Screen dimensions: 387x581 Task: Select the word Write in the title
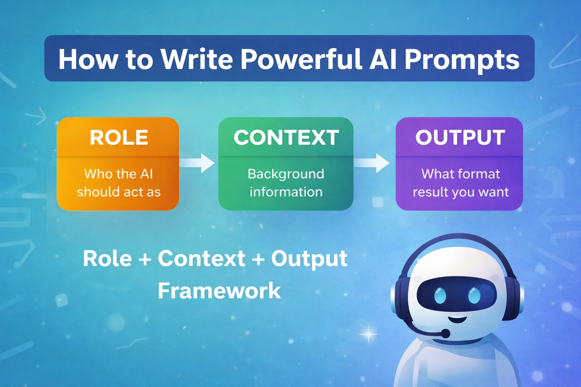pos(197,59)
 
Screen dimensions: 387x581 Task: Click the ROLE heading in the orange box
pos(119,138)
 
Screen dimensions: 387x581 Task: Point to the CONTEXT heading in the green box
pos(286,138)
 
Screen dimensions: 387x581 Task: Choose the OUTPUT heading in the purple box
pos(460,138)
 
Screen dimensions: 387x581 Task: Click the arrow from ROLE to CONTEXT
pos(197,163)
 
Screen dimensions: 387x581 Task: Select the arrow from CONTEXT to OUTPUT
pos(373,163)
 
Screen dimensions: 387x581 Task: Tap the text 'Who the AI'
pos(118,174)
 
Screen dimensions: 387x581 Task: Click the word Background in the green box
pos(286,174)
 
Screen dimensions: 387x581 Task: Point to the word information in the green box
pos(286,192)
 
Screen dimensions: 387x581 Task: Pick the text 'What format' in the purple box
pos(461,174)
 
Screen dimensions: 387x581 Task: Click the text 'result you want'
pos(461,192)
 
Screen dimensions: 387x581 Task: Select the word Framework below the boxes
pos(219,291)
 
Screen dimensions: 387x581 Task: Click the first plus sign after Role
pos(144,259)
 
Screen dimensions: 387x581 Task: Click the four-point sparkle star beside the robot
pos(368,334)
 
